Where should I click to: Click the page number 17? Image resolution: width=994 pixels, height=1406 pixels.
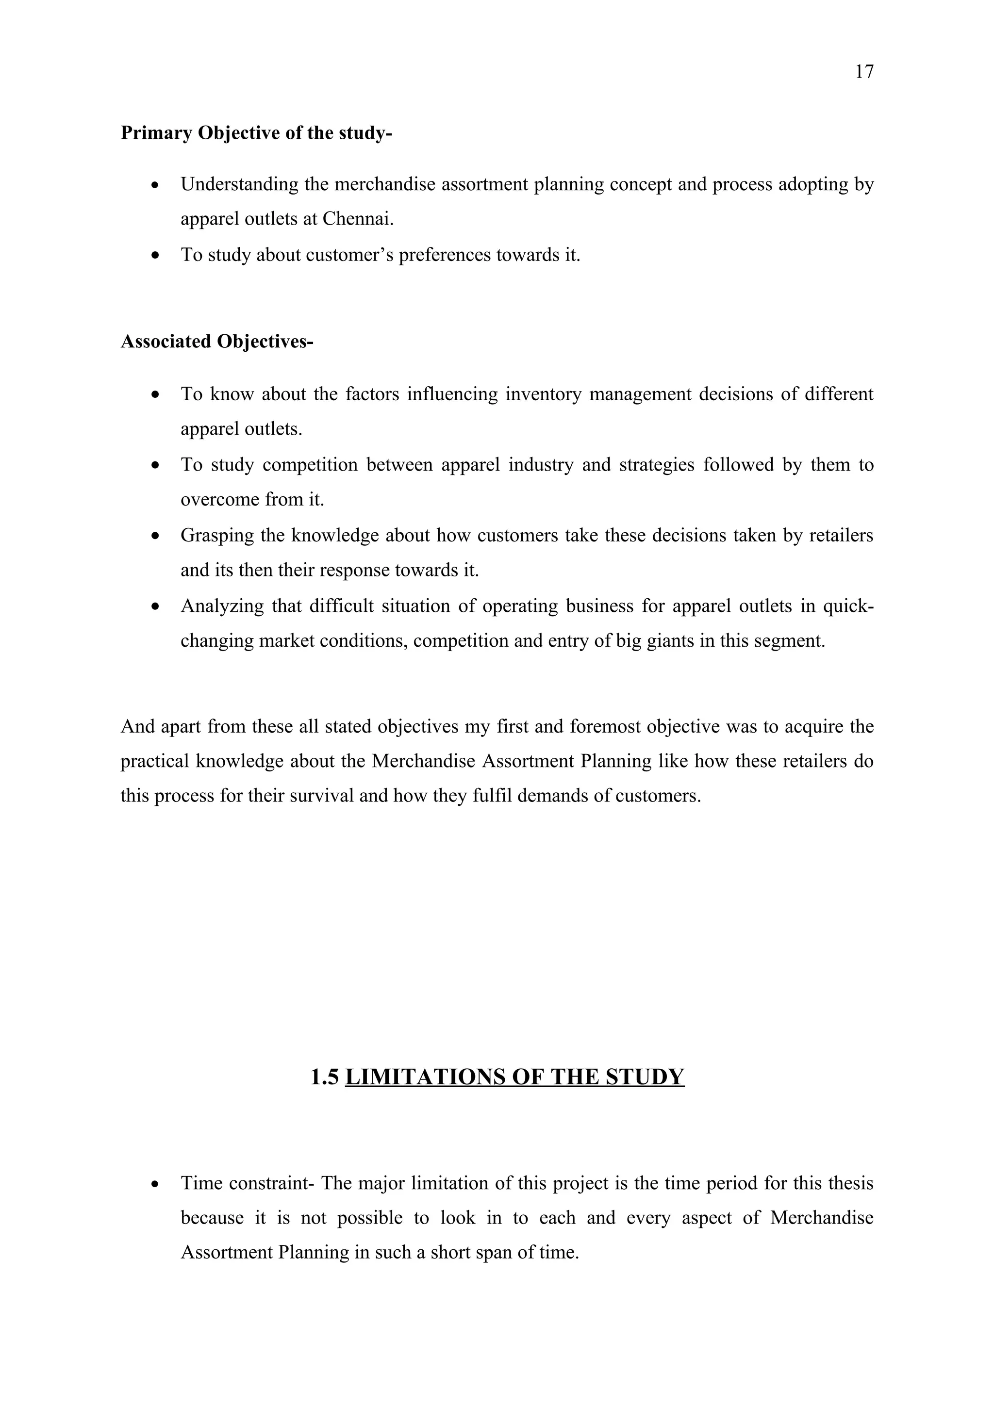point(863,72)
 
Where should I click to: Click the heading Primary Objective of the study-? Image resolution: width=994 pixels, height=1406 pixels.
point(256,133)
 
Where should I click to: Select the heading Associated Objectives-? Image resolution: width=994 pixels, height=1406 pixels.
point(217,342)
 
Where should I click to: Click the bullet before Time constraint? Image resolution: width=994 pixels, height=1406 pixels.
point(156,1184)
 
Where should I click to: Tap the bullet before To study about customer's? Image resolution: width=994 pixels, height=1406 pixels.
point(156,255)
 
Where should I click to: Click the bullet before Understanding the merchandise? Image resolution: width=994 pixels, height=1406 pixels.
point(156,184)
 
